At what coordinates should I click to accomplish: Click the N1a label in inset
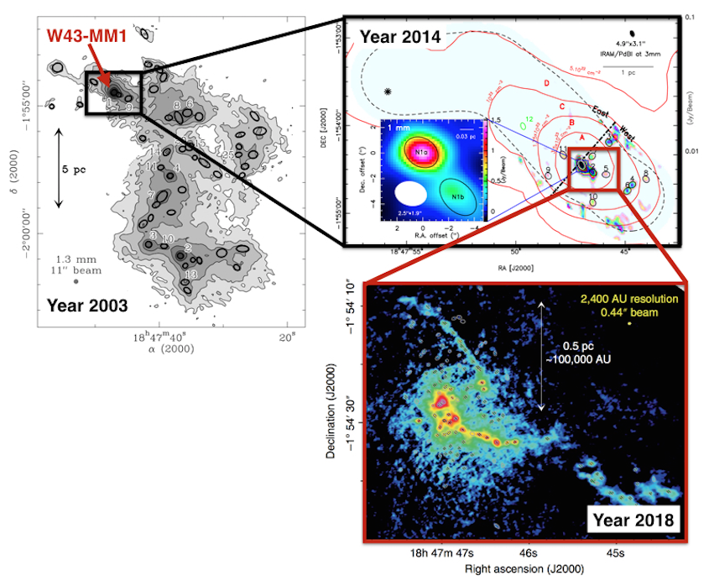[417, 154]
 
